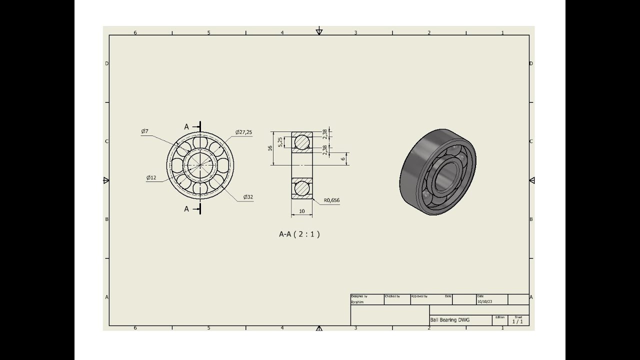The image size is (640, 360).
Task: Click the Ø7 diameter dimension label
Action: [x=144, y=131]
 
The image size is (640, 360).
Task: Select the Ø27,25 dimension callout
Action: [x=244, y=132]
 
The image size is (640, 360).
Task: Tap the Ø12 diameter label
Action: [x=151, y=177]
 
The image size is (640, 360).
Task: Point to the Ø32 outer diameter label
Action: [x=248, y=197]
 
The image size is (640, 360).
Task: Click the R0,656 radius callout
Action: [x=331, y=200]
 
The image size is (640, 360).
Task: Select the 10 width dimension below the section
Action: [x=302, y=211]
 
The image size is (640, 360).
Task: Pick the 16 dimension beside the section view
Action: [x=270, y=148]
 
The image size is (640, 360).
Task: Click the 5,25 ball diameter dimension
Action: [x=280, y=141]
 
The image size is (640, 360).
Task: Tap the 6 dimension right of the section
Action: [x=343, y=158]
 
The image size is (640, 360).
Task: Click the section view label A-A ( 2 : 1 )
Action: [x=299, y=234]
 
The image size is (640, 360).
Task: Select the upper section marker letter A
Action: [x=186, y=127]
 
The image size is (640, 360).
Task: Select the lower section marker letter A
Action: [x=186, y=209]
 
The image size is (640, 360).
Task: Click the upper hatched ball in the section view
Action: [x=302, y=141]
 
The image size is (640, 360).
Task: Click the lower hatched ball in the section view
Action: [x=302, y=188]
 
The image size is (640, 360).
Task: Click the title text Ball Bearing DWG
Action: [x=449, y=320]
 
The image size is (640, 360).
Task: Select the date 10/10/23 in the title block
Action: [x=484, y=302]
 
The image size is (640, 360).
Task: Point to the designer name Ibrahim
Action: [x=357, y=302]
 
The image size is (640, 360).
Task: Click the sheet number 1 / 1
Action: [x=517, y=321]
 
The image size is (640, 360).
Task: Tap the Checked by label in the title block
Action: [x=392, y=296]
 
